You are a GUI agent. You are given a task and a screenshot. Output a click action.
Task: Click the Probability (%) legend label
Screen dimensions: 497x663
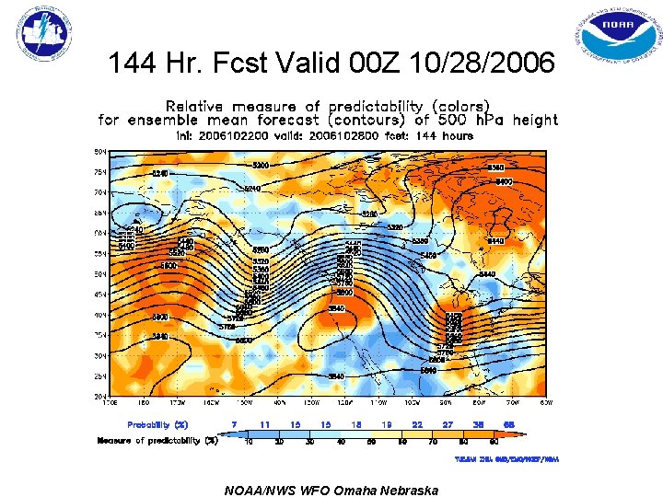coord(157,424)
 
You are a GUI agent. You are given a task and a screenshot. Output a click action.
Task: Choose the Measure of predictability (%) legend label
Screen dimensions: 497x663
coord(157,440)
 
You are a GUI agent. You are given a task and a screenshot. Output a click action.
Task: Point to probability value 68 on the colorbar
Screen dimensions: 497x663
coord(508,424)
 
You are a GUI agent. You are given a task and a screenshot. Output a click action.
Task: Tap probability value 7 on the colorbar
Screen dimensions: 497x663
coord(235,424)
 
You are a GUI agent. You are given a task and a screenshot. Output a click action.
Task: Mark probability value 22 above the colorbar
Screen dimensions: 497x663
coord(417,424)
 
